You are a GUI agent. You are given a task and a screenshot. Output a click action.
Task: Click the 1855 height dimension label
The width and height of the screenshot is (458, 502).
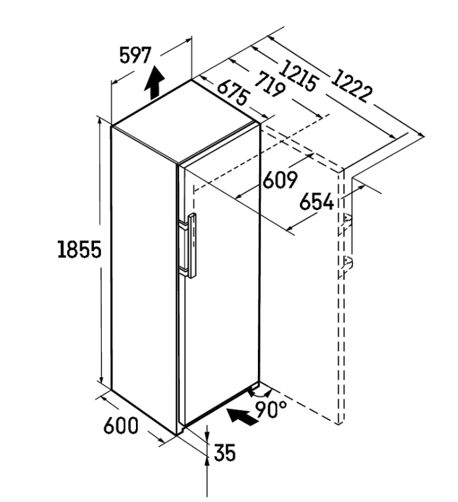79,249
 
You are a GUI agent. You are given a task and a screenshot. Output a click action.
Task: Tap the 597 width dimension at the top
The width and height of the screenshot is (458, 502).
135,55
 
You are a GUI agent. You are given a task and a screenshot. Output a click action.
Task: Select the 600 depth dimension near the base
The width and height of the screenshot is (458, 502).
121,426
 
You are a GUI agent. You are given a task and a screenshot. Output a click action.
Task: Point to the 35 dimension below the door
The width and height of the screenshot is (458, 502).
225,452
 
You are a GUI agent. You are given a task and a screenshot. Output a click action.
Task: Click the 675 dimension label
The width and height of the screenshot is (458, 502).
232,93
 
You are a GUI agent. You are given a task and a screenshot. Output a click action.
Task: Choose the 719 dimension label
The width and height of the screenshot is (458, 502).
269,85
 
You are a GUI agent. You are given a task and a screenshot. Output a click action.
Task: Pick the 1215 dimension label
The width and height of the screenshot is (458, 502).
299,76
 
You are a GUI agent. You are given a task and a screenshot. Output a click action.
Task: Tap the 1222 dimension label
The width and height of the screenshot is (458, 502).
351,86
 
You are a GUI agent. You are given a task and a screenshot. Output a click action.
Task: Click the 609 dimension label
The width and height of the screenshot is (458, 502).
280,180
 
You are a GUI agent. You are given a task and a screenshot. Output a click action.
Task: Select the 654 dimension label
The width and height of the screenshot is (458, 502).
316,202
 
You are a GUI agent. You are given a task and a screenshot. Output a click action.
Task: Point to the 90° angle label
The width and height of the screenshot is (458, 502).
271,409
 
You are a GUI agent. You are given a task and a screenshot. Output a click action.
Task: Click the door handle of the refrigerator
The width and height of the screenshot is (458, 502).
192,245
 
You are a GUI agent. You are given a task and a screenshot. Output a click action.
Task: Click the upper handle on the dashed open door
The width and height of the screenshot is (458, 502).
347,220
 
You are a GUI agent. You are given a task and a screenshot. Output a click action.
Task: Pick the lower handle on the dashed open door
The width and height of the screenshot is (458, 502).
347,262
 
